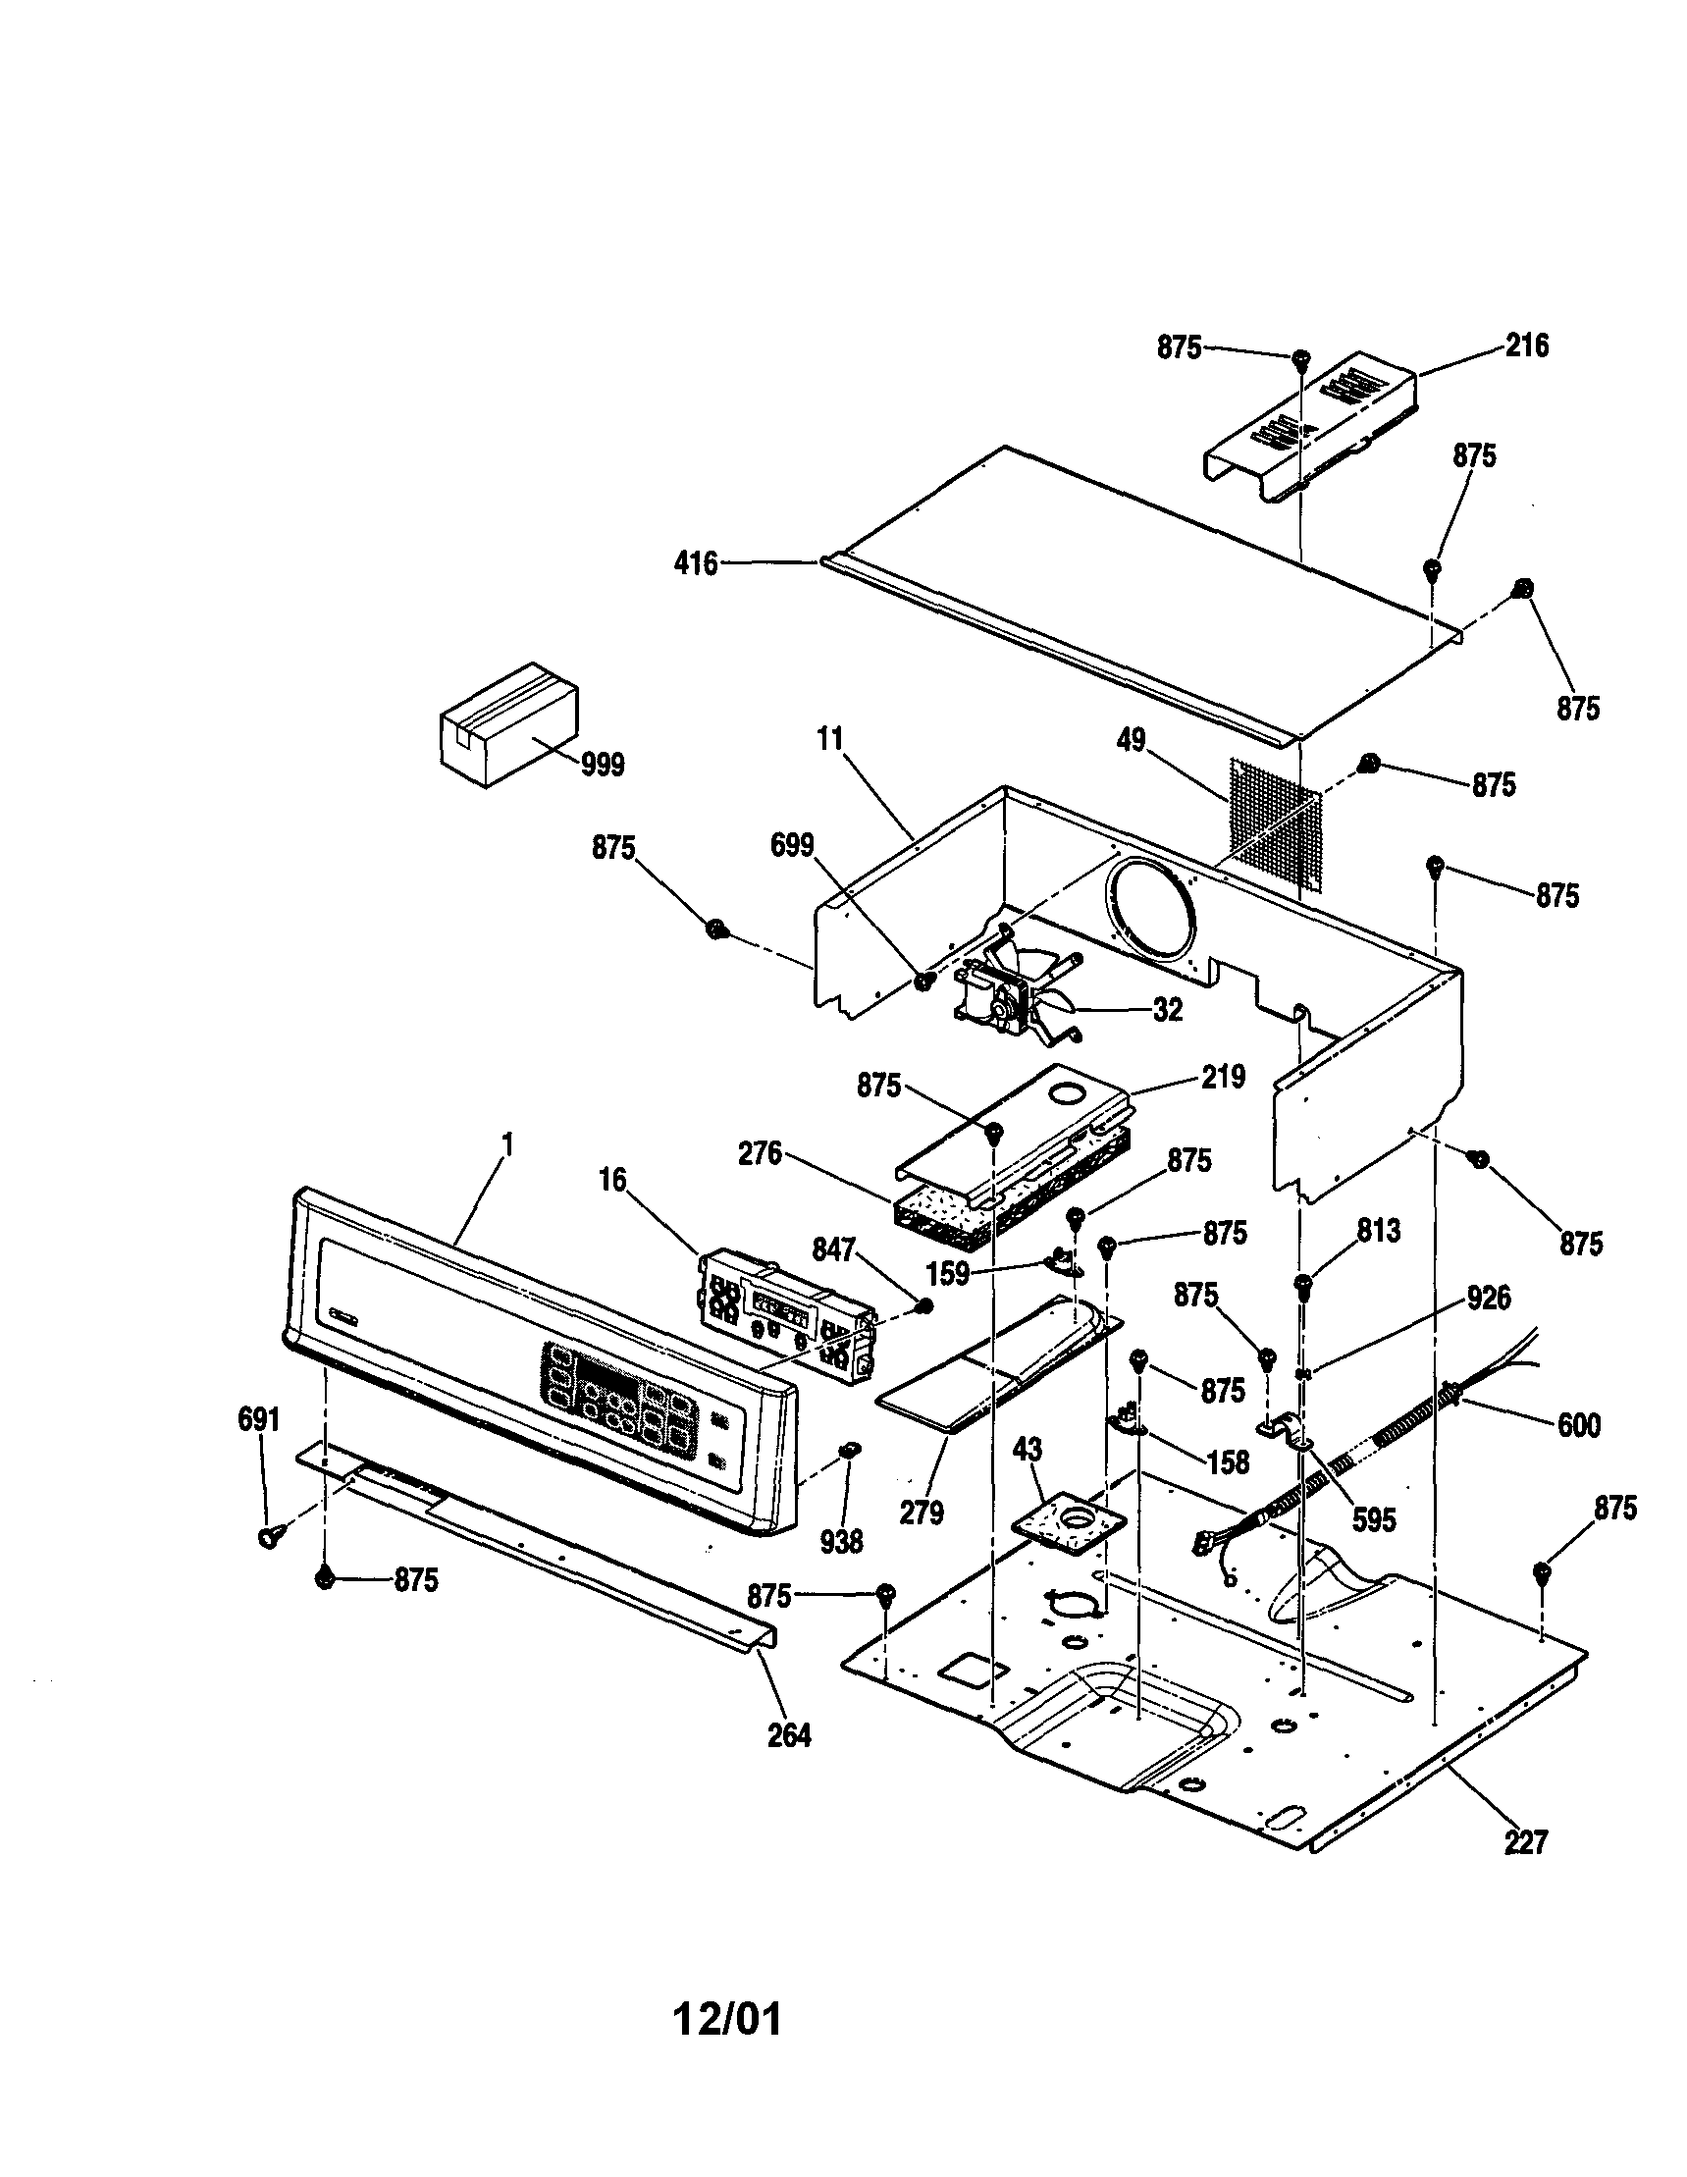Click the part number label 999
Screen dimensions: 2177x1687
coord(603,766)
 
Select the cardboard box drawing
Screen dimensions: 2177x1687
coord(508,723)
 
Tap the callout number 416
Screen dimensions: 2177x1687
coord(696,564)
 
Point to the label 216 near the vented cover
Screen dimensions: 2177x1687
coord(1527,345)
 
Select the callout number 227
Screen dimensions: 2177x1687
coord(1526,1842)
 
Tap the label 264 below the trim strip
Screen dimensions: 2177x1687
coord(789,1736)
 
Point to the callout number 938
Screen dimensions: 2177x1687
coord(841,1542)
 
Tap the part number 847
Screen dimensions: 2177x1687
coord(834,1250)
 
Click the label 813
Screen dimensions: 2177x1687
coord(1377,1231)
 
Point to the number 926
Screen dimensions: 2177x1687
coord(1488,1298)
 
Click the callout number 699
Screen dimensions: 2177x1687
coord(792,845)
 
